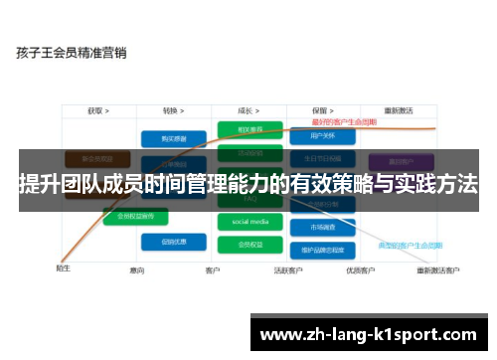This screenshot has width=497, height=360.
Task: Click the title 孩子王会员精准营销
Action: tap(71, 53)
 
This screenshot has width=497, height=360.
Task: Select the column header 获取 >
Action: tap(97, 110)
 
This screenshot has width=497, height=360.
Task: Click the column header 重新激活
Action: tap(400, 110)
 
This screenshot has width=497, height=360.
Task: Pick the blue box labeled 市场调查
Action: tap(320, 227)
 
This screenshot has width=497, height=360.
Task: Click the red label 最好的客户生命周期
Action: tap(342, 121)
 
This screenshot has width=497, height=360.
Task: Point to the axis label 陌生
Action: tap(63, 267)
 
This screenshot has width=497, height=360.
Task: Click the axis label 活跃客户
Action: tap(287, 270)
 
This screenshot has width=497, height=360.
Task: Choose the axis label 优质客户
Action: tap(359, 270)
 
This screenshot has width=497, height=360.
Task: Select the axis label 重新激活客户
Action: tap(437, 270)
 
